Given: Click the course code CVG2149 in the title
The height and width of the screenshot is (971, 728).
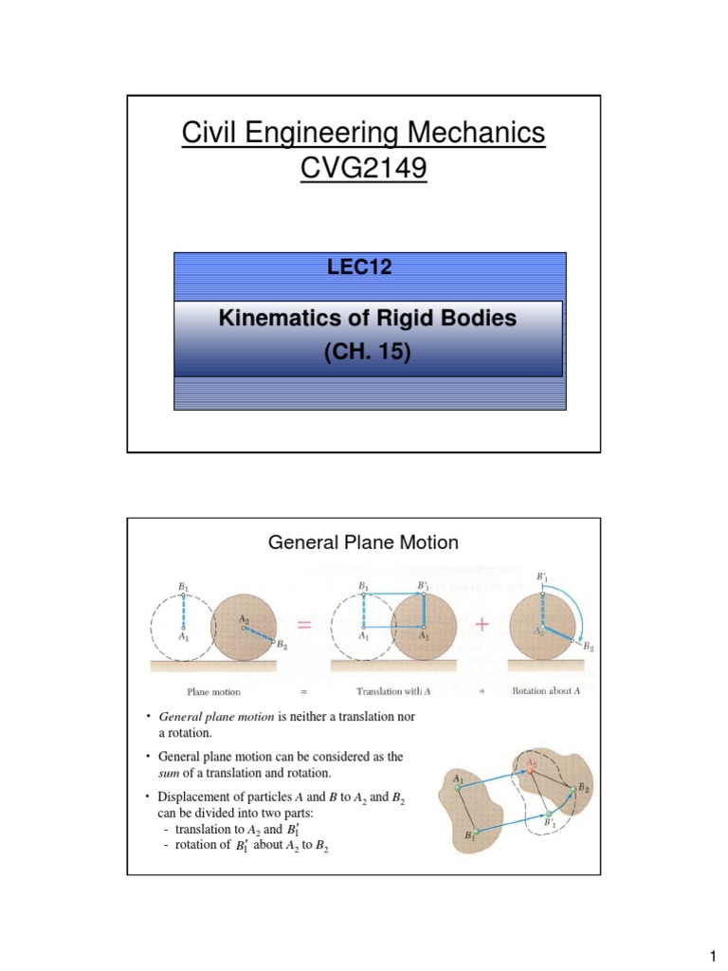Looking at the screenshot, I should (x=364, y=169).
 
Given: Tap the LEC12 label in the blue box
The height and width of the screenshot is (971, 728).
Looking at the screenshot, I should (x=359, y=267).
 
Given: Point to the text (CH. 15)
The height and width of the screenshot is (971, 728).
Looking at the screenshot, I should (x=368, y=350).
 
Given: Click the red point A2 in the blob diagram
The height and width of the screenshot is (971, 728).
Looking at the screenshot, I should (x=531, y=769).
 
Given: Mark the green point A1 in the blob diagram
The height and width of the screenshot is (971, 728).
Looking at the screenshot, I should (x=458, y=787).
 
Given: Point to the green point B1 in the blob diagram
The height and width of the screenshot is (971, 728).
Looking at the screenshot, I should (x=476, y=833).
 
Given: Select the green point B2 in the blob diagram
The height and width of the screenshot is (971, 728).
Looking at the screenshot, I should (x=571, y=787).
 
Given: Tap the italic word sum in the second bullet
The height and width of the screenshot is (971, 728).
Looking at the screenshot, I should (x=169, y=772).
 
